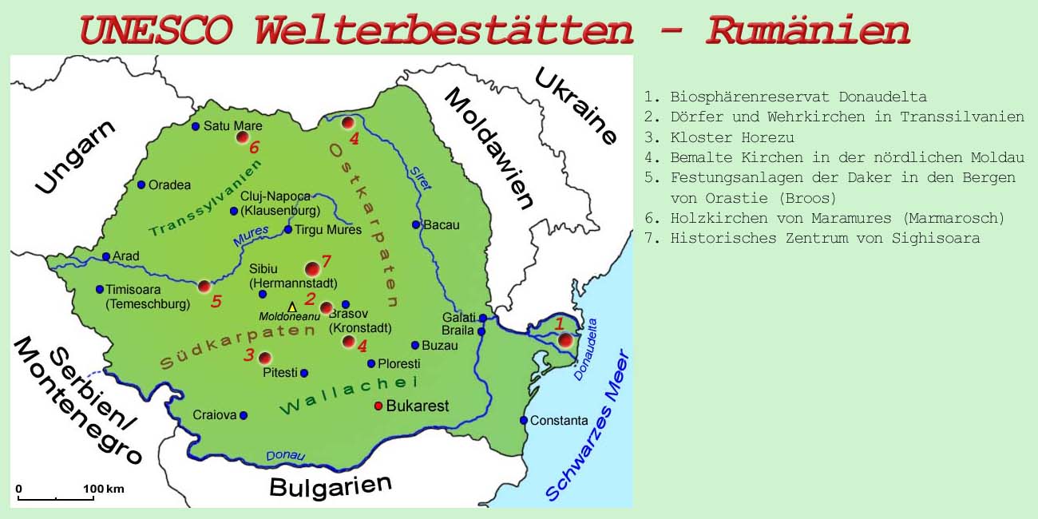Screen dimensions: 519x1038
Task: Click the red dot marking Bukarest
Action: coord(378,406)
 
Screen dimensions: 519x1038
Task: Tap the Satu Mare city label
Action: coord(232,126)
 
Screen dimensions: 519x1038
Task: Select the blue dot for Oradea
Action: coord(141,184)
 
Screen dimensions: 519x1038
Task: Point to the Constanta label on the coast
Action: coord(559,421)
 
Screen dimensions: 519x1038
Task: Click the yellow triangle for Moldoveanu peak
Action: coord(292,307)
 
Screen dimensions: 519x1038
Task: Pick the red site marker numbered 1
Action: coord(566,340)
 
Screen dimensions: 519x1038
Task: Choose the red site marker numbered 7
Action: coord(312,270)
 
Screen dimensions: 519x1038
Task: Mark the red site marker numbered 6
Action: coord(243,137)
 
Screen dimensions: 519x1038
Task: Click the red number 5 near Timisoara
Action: coord(216,302)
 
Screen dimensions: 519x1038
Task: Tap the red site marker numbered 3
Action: coord(265,357)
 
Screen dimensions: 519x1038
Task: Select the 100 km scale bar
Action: coord(56,497)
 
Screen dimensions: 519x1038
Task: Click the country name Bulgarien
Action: coord(331,485)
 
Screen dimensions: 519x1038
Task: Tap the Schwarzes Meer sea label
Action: coord(588,426)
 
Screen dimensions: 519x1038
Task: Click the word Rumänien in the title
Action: coord(808,30)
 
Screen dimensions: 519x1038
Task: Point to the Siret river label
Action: coord(420,178)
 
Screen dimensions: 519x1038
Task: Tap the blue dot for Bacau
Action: coord(415,224)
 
